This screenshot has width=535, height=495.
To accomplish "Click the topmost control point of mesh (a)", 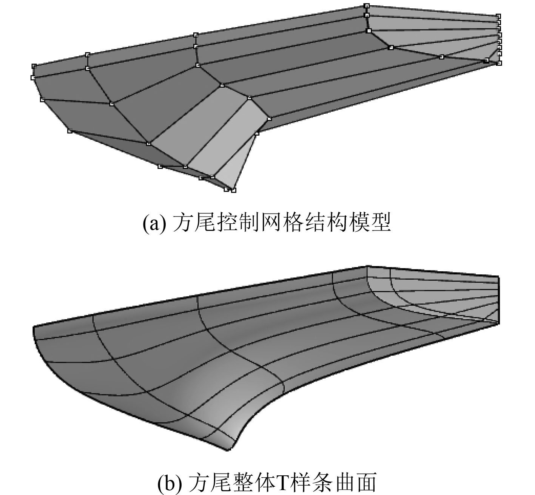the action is coord(366,6).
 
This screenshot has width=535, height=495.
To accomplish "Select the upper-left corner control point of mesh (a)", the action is coord(34,66).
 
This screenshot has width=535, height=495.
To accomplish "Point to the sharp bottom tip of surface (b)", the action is coord(227,449).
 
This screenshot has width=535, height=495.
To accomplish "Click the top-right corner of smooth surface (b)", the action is coord(498,277).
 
